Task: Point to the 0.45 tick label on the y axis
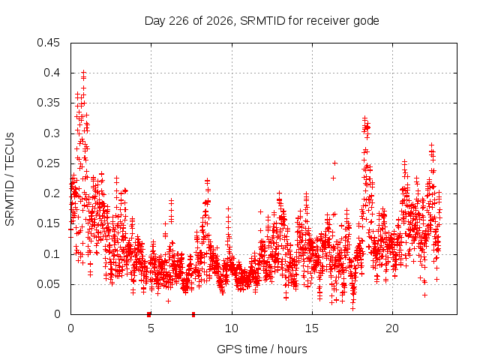(48, 43)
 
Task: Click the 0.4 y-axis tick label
(52, 73)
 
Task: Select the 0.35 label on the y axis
(48, 103)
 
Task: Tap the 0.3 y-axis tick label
(52, 133)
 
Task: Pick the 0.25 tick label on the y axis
(48, 163)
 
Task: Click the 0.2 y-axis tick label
(52, 193)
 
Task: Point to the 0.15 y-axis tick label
(48, 223)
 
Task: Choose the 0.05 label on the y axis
(48, 284)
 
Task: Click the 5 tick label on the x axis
(151, 328)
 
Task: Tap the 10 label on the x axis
(232, 328)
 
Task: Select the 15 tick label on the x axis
(312, 328)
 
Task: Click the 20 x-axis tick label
(392, 328)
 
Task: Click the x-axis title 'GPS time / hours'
(262, 349)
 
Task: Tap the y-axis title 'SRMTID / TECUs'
(10, 179)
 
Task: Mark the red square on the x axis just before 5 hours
(148, 314)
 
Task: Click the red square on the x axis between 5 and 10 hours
(193, 314)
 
